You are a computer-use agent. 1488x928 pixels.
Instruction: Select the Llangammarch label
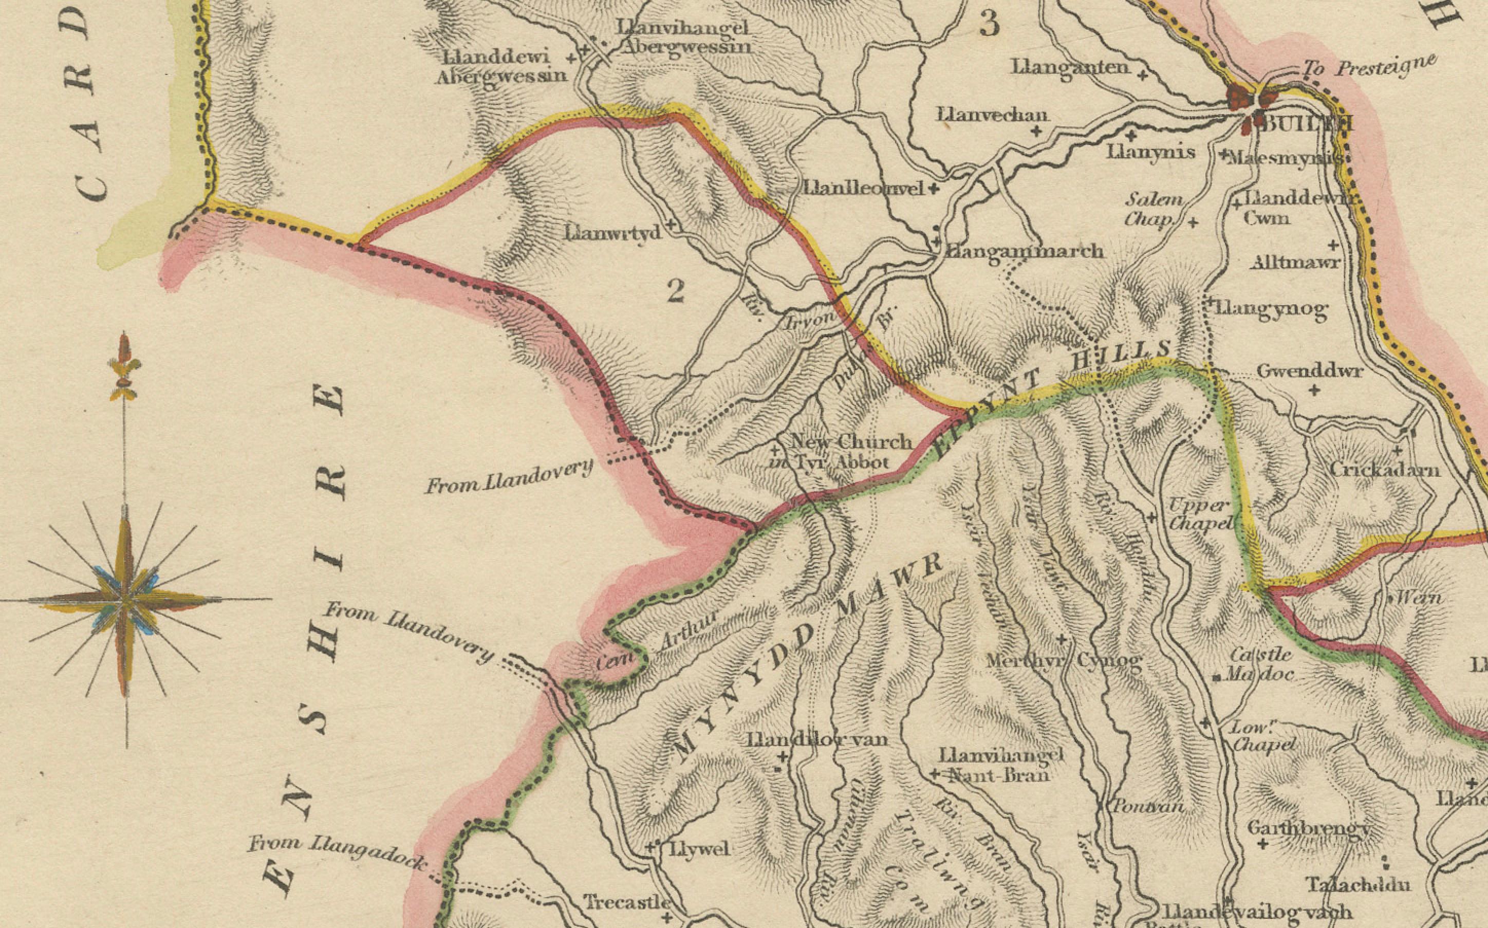(x=1025, y=252)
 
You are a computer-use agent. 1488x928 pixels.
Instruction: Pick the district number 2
(x=675, y=291)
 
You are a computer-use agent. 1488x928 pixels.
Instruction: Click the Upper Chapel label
(x=1200, y=514)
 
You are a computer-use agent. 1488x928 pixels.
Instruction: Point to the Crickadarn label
(x=1384, y=470)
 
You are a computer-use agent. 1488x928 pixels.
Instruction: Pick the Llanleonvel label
(x=863, y=189)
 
